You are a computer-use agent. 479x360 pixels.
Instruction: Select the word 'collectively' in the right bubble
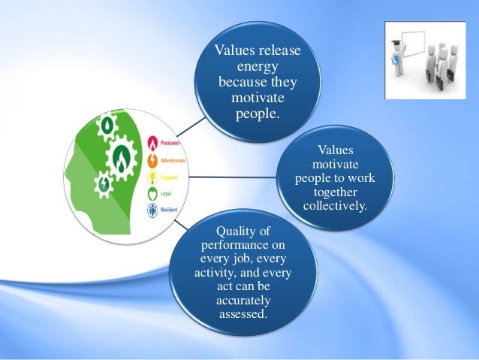pyautogui.click(x=335, y=205)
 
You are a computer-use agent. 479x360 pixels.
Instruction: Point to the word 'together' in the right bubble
pyautogui.click(x=336, y=192)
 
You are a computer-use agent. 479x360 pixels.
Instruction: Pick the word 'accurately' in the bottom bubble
pyautogui.click(x=243, y=299)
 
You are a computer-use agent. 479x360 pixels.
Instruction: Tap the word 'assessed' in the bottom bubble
pyautogui.click(x=242, y=313)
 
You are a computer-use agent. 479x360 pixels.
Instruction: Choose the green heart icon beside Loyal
pyautogui.click(x=152, y=193)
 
